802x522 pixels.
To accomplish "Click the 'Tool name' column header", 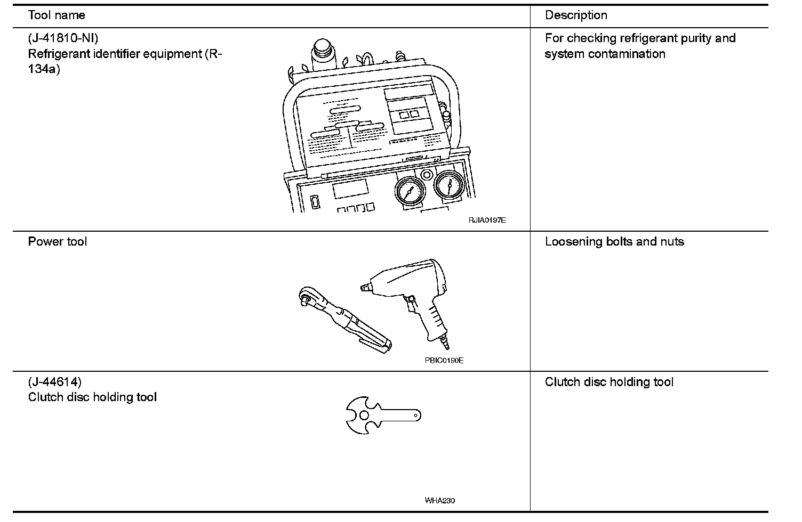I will click(57, 15).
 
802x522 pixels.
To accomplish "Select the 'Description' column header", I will click(576, 15).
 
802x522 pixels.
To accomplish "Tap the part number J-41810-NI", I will click(63, 38).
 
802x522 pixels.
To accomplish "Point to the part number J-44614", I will click(55, 382).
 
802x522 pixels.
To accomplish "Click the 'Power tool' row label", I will click(58, 242).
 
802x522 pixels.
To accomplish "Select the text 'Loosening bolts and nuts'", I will click(614, 242).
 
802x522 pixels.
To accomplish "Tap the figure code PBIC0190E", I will click(444, 361).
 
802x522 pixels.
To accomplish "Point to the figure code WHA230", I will click(440, 501).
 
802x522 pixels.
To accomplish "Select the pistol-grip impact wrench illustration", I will click(411, 293).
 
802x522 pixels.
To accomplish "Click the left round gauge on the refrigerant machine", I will click(410, 190).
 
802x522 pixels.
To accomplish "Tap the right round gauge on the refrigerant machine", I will click(450, 186).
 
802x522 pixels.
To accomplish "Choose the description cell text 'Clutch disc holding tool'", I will click(609, 382).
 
